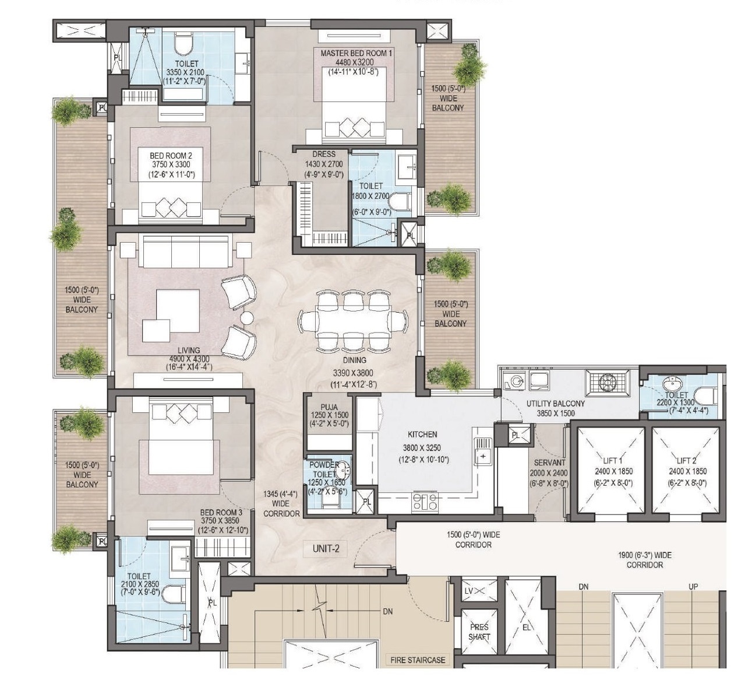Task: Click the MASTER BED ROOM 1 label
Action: point(356,54)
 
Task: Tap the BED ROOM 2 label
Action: point(171,155)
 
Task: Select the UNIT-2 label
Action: point(326,549)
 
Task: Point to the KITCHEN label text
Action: point(422,435)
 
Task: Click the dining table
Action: point(353,321)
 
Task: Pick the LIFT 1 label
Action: point(612,460)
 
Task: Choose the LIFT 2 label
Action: point(686,460)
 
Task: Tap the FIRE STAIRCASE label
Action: point(418,660)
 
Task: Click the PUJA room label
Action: point(329,407)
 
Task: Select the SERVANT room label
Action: point(549,463)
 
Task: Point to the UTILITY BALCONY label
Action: point(556,404)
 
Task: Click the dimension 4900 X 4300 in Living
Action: point(189,359)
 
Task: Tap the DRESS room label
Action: point(324,154)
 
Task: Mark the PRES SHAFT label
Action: point(479,632)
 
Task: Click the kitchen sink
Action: point(484,451)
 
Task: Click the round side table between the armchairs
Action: point(246,318)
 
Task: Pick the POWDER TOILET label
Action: point(324,469)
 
